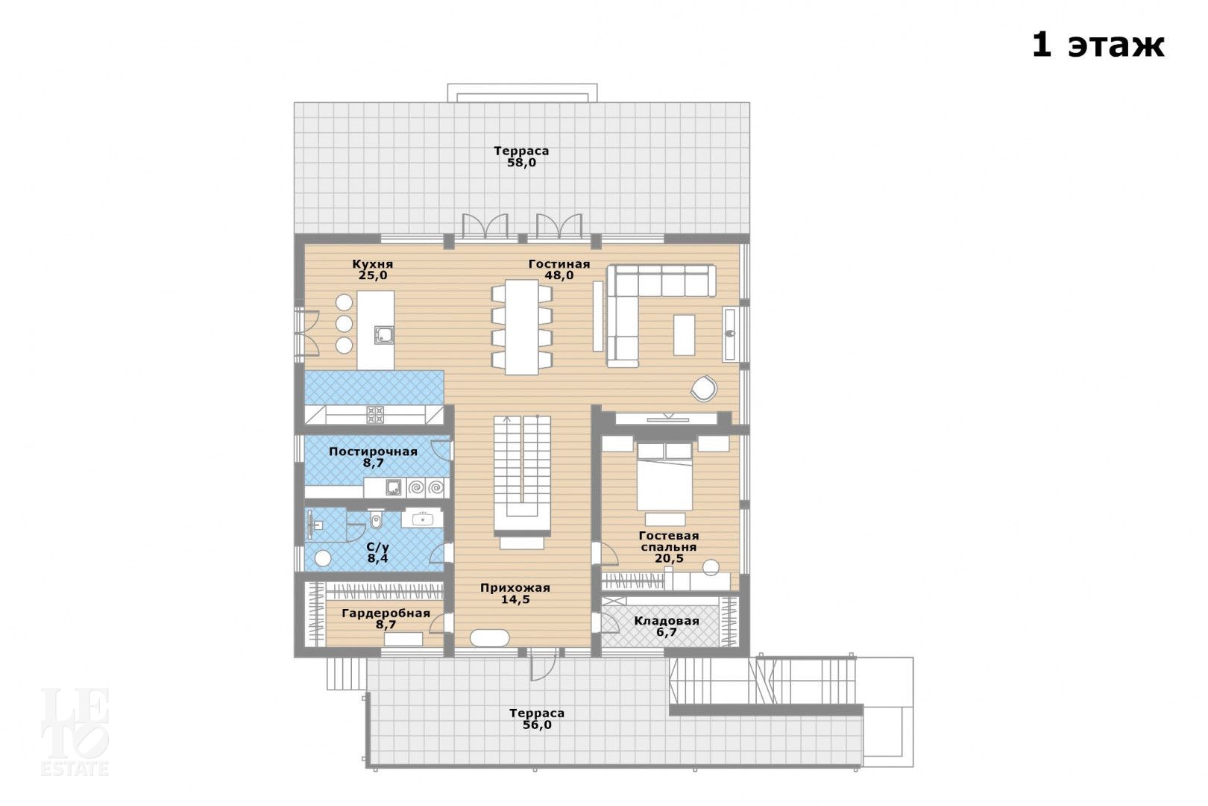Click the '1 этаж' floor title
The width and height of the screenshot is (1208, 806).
coord(1098,45)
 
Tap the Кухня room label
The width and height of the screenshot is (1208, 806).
coord(373,264)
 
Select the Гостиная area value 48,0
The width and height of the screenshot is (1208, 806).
coord(559,275)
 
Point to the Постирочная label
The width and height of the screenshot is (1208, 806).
coord(373,452)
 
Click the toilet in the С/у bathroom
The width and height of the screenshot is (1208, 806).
coord(376,519)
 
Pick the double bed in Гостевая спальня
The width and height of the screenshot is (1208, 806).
coord(664,477)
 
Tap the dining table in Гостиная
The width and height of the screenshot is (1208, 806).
coord(521,327)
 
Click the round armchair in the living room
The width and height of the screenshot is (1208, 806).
coord(704,389)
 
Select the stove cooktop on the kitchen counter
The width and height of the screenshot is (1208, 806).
coord(375,415)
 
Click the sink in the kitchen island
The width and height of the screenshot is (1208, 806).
coord(384,335)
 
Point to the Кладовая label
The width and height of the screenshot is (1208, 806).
coord(667,621)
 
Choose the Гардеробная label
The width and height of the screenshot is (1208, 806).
coord(386,613)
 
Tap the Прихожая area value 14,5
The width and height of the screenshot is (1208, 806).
coord(515,599)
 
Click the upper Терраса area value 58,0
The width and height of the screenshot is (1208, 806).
coord(521,163)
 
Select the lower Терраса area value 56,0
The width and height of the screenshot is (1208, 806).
coord(537,725)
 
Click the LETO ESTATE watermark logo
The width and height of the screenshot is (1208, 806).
coord(75,732)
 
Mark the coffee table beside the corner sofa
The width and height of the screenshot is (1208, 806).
coord(684,334)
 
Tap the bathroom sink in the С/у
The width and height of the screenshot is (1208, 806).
coord(422,519)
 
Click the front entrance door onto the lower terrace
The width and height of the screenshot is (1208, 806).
coord(543,663)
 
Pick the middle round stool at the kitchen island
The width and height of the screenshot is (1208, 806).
coord(344,324)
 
